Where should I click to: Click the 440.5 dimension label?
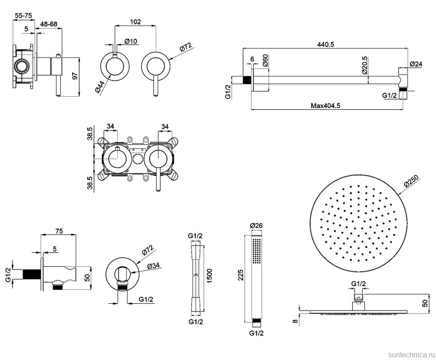(327, 44)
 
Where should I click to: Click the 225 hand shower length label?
(241, 275)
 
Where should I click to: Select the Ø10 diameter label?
(130, 41)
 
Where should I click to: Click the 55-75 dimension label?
(23, 15)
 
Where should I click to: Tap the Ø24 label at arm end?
(417, 64)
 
